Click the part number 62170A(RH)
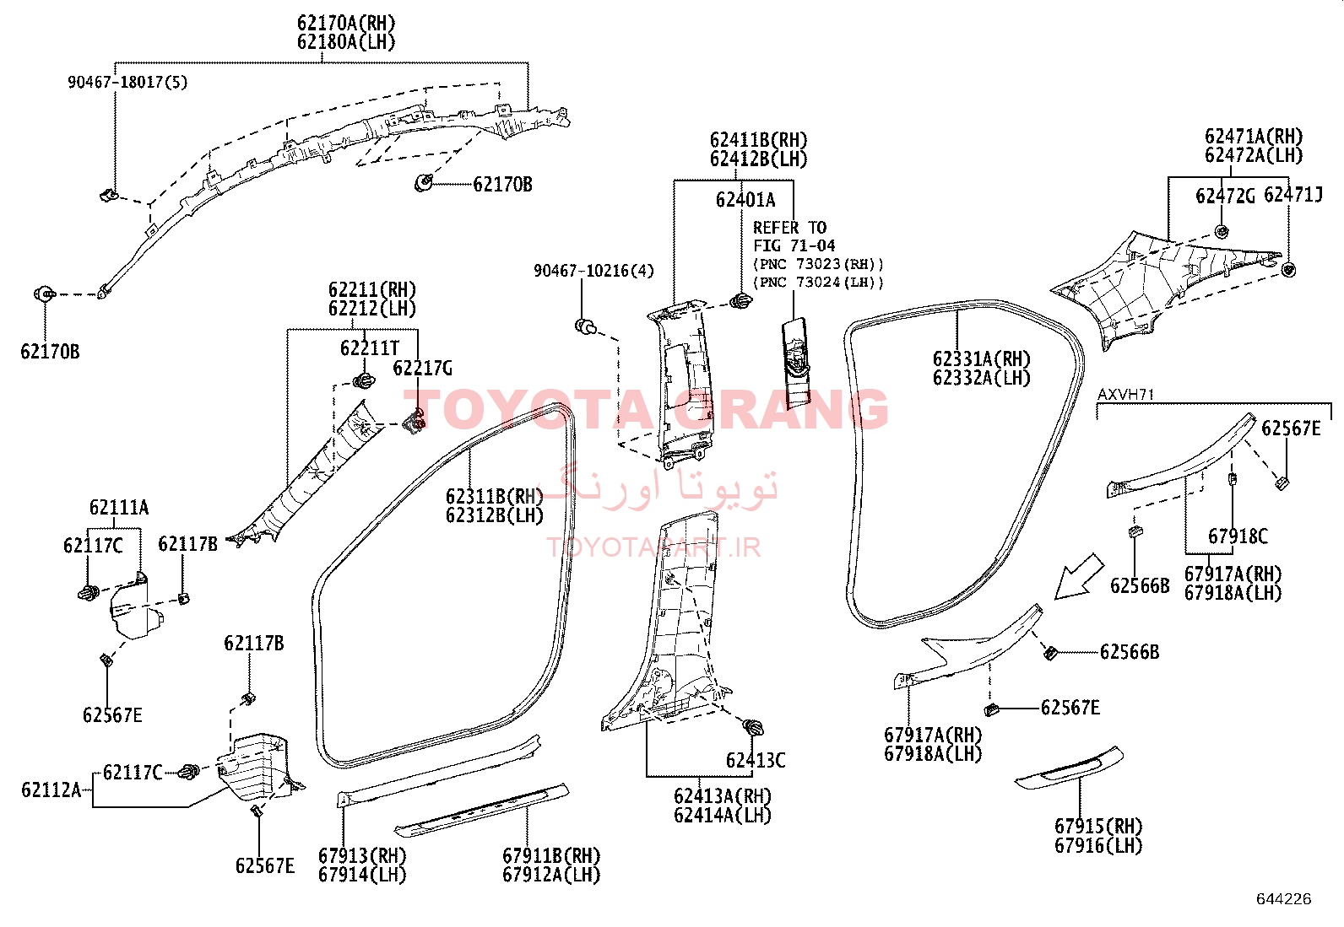point(346,24)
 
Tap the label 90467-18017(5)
point(127,82)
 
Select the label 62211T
point(370,348)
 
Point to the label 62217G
point(422,368)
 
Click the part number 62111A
point(119,507)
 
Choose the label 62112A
point(51,790)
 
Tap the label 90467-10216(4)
point(594,271)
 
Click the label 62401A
point(745,200)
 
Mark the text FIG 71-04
point(794,245)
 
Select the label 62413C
point(756,760)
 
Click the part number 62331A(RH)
point(982,359)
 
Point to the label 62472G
point(1225,196)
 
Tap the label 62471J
point(1293,195)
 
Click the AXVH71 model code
point(1125,395)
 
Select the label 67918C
point(1238,536)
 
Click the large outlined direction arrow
point(1078,578)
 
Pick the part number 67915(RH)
point(1098,827)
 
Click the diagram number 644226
point(1284,899)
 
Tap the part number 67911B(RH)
point(551,855)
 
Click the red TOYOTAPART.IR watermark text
point(653,547)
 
